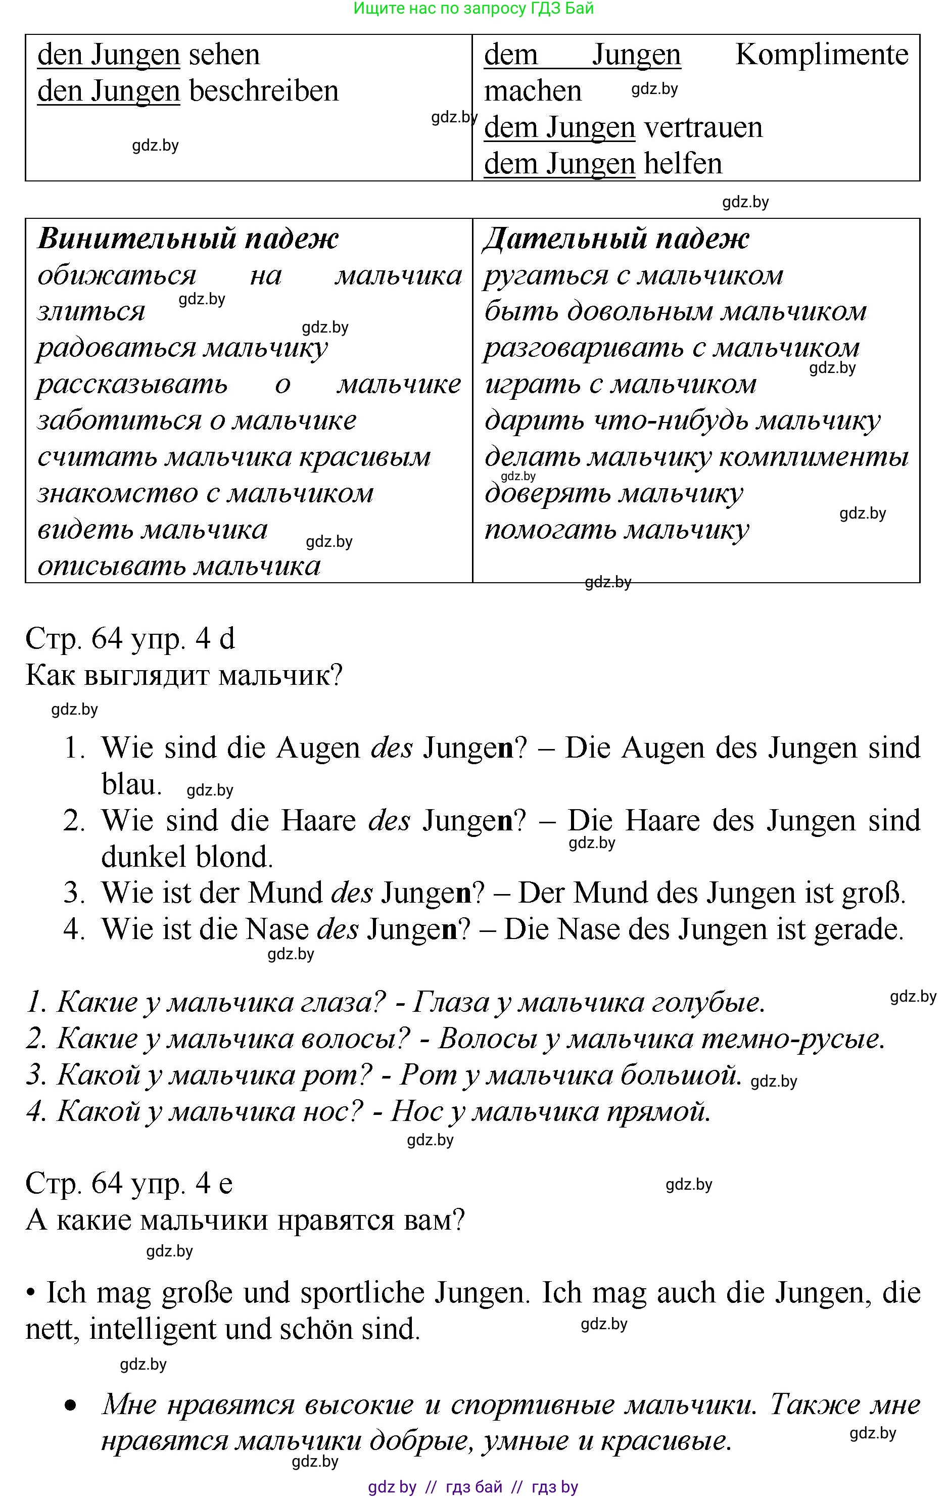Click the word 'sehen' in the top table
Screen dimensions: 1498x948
[x=224, y=55]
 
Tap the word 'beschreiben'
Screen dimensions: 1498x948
[x=264, y=91]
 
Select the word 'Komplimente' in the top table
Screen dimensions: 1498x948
[x=821, y=55]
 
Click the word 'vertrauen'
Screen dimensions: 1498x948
[x=703, y=127]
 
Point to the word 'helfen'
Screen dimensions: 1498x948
[x=683, y=164]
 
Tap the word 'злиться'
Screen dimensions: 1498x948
[x=91, y=312]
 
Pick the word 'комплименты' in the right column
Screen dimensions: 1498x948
[x=814, y=457]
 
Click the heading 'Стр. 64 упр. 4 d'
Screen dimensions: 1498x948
[x=130, y=639]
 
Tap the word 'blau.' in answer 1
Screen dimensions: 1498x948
[x=131, y=784]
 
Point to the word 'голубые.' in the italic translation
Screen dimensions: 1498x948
[x=708, y=1002]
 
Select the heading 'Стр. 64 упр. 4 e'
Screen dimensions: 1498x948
[x=129, y=1183]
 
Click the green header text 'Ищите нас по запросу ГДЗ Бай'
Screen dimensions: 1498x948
[x=473, y=8]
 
